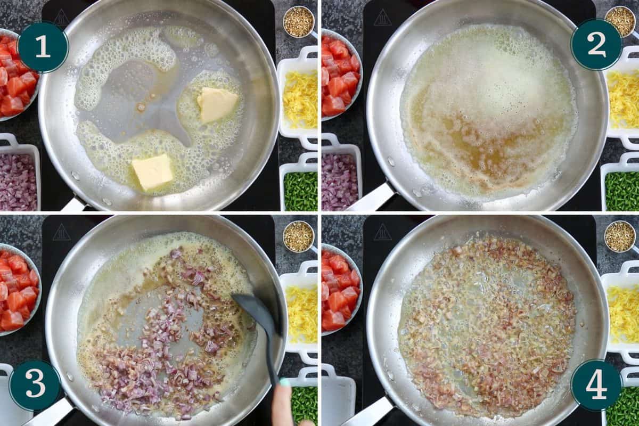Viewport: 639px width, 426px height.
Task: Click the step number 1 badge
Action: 43,47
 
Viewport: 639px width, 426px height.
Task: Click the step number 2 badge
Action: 596,45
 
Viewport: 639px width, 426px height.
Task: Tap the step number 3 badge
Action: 35,384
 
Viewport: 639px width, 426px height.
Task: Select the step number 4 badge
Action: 596,384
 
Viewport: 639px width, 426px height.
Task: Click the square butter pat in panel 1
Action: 153,172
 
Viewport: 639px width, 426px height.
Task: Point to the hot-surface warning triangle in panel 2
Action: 382,17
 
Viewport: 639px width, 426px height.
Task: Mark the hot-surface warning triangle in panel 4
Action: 382,232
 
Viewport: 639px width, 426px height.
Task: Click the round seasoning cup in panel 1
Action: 299,22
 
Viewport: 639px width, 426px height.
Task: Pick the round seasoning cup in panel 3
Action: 299,236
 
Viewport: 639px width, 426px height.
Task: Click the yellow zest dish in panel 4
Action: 621,308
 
